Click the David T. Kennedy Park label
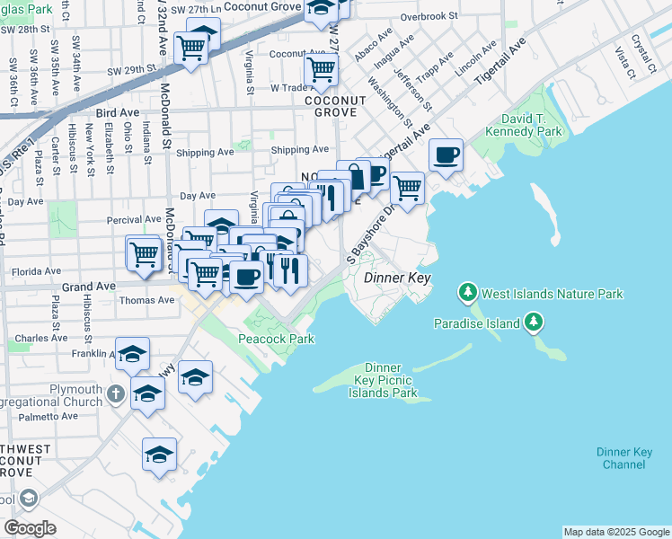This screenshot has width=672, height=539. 524,126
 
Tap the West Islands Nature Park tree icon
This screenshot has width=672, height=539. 467,293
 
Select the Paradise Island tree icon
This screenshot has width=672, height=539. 534,322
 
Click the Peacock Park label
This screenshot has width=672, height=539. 276,339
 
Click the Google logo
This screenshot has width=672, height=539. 30,527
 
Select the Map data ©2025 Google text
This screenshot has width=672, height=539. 616,532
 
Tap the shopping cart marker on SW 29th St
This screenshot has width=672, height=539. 191,49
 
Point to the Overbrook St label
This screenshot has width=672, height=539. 429,16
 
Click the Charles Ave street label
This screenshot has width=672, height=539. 36,339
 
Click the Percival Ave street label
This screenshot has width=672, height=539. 134,219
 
